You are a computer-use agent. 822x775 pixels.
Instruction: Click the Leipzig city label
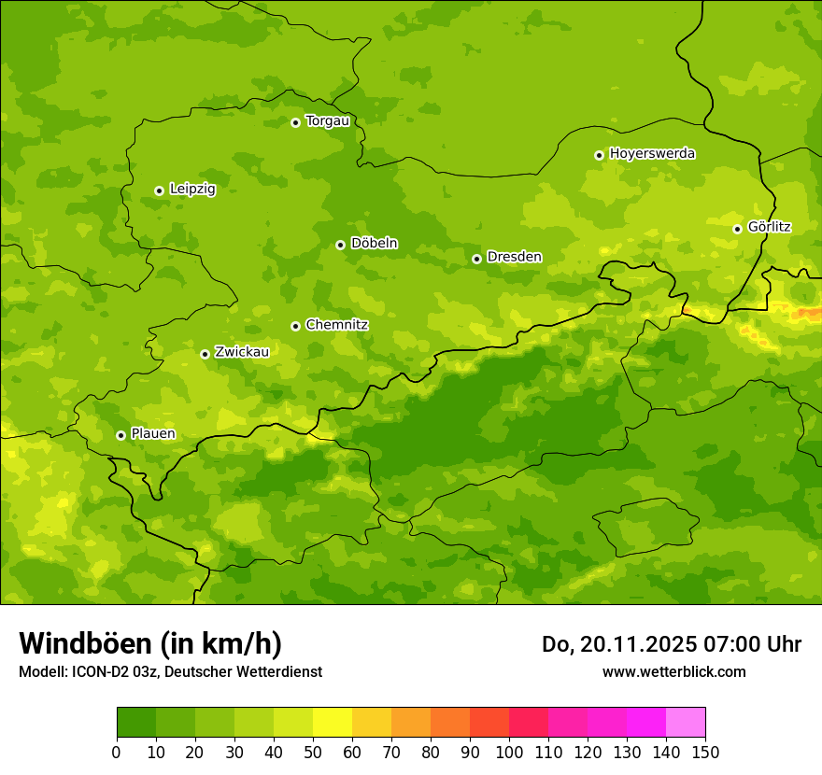point(192,190)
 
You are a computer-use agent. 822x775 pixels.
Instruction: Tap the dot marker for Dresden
point(476,259)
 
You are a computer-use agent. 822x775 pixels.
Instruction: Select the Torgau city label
point(327,121)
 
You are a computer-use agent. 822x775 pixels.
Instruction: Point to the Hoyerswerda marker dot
point(599,155)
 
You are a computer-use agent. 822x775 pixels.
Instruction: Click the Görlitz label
point(769,227)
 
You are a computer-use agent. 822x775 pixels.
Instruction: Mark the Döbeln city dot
point(340,245)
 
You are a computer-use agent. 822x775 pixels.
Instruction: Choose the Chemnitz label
point(336,325)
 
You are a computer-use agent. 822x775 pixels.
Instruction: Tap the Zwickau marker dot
point(205,354)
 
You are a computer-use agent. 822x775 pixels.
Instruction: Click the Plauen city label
point(153,434)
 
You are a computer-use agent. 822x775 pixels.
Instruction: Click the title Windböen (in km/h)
point(149,643)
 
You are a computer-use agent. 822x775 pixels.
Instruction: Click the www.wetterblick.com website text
point(673,672)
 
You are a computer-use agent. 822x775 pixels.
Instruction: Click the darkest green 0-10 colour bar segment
point(136,723)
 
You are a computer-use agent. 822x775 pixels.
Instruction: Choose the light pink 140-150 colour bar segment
point(686,723)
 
